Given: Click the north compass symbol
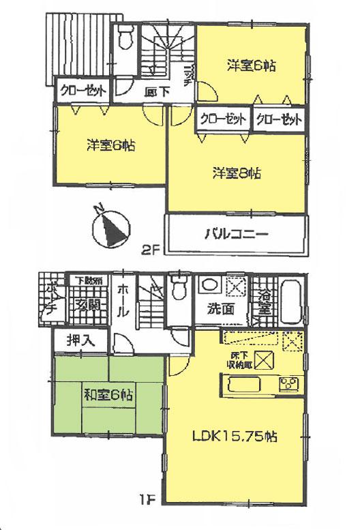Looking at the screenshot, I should click(111, 228).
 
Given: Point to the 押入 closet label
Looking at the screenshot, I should click(80, 340).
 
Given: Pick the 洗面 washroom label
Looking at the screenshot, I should click(219, 309).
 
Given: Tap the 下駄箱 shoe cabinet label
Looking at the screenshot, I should click(88, 280).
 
